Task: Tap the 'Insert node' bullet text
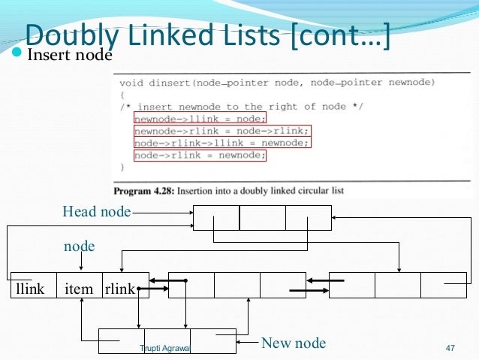(69, 56)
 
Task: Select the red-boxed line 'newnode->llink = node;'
(199, 118)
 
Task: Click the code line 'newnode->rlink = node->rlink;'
(221, 130)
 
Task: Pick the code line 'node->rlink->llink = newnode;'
(221, 143)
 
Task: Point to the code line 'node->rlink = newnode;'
(199, 156)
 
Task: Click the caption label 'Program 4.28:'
(146, 190)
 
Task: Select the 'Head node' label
(96, 213)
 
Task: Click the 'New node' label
(293, 343)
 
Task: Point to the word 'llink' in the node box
(30, 288)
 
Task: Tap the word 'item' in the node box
(79, 288)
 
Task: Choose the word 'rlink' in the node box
(119, 288)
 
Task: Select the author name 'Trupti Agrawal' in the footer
(165, 348)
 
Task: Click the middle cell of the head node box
(262, 217)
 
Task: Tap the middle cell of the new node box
(167, 340)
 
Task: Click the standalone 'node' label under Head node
(79, 246)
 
